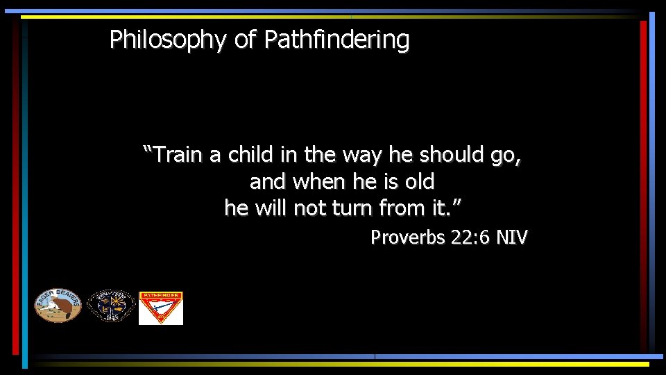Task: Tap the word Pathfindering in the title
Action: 336,40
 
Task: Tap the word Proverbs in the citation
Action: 407,238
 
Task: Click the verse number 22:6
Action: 471,238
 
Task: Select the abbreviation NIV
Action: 513,238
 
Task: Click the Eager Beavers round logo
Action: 58,306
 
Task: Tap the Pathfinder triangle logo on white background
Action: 161,308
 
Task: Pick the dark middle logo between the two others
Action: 111,306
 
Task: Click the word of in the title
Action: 245,40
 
